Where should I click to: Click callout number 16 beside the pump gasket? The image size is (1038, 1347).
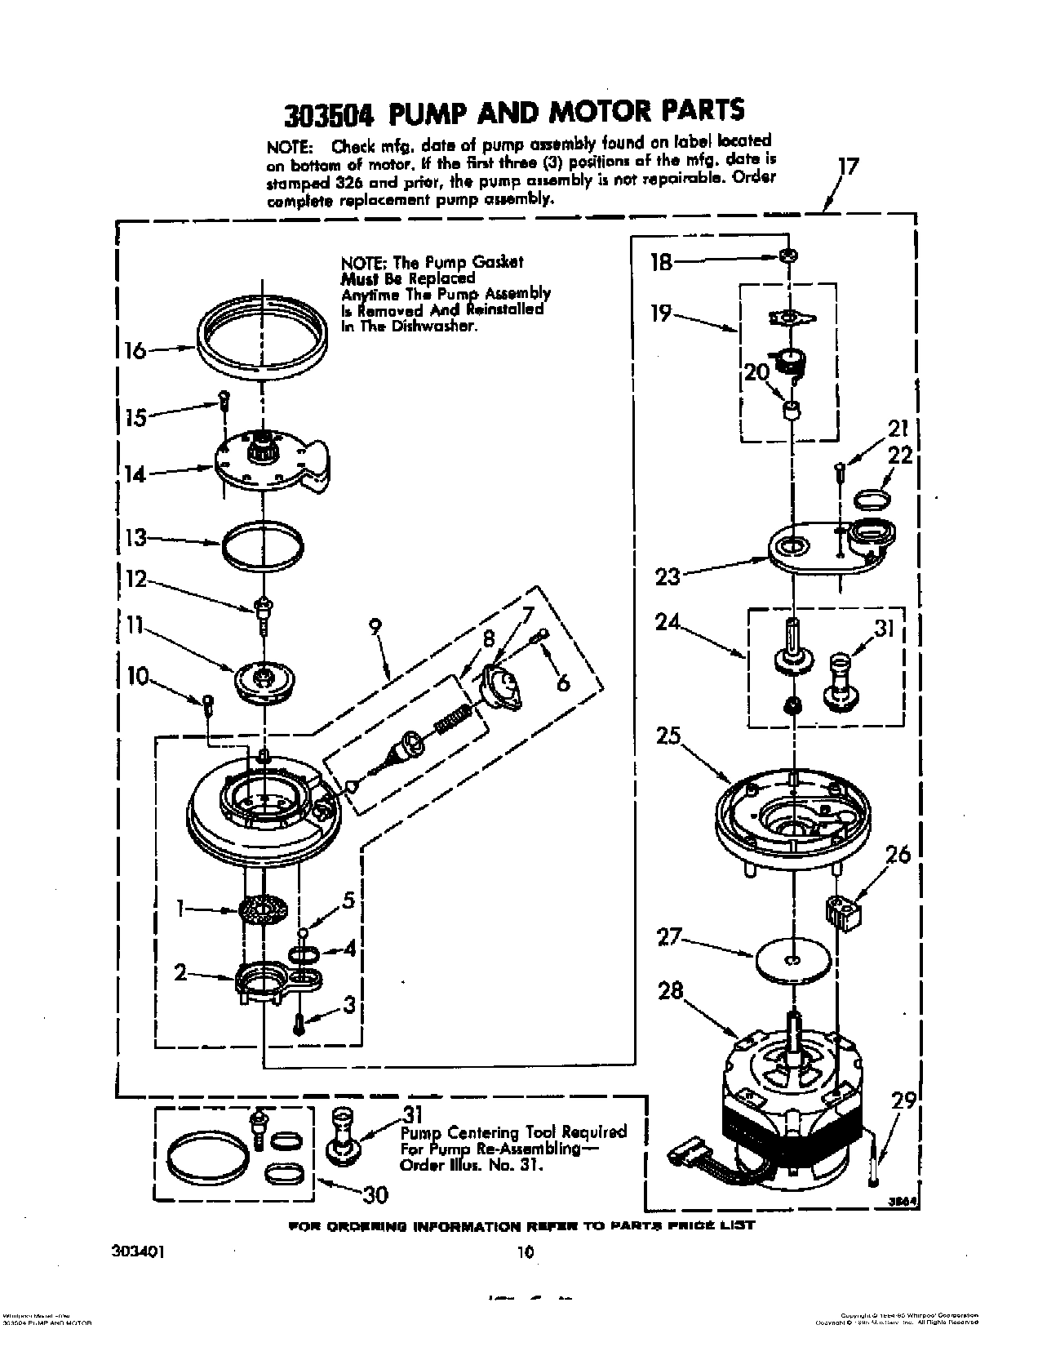134,351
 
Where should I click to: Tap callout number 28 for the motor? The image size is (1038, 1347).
672,991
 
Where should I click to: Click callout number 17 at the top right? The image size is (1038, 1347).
849,168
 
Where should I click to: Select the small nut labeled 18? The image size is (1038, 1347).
788,256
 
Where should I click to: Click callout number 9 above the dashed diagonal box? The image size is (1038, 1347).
375,627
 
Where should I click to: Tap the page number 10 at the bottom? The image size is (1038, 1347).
526,1251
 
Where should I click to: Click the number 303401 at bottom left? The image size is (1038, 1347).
138,1250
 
